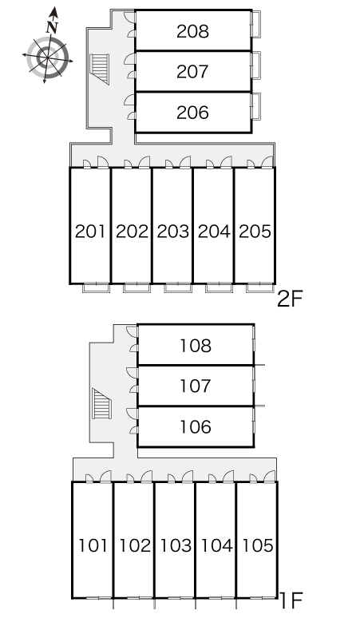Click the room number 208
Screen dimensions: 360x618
[192, 31]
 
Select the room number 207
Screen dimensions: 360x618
[192, 72]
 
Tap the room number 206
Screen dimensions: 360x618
[192, 113]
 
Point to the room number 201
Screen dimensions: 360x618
[90, 232]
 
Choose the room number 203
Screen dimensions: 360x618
[173, 232]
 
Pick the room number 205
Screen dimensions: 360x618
[255, 232]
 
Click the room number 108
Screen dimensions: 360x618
[196, 346]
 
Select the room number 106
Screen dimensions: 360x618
[196, 427]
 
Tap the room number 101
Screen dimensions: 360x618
[93, 546]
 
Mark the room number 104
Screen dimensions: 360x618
[216, 546]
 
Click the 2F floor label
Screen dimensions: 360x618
[290, 299]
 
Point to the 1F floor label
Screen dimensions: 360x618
[291, 600]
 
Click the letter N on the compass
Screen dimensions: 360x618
[52, 27]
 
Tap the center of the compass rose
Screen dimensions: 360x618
[48, 57]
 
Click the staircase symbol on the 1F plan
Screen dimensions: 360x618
[101, 403]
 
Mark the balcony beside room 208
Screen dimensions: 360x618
[256, 25]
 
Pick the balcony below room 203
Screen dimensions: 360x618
[178, 287]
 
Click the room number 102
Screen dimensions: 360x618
[135, 546]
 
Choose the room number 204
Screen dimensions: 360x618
[214, 232]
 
